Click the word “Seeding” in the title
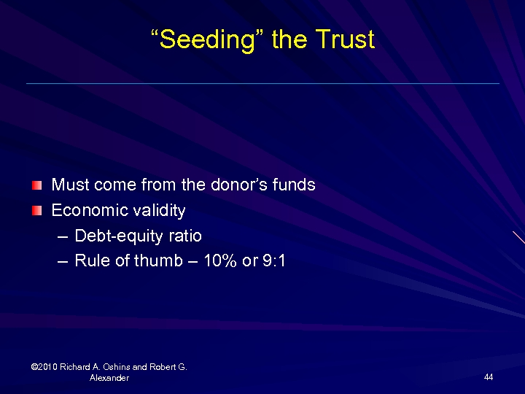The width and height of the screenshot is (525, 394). pos(207,39)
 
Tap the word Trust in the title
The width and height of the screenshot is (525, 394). pos(346,39)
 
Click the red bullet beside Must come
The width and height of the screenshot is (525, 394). pos(37,185)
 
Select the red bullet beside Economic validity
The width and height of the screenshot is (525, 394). pos(37,211)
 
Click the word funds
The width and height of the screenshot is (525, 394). pos(294,185)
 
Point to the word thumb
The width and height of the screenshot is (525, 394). pos(155,260)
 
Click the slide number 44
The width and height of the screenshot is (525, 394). pos(488,377)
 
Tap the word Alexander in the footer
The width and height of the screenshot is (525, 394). pos(109,378)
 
